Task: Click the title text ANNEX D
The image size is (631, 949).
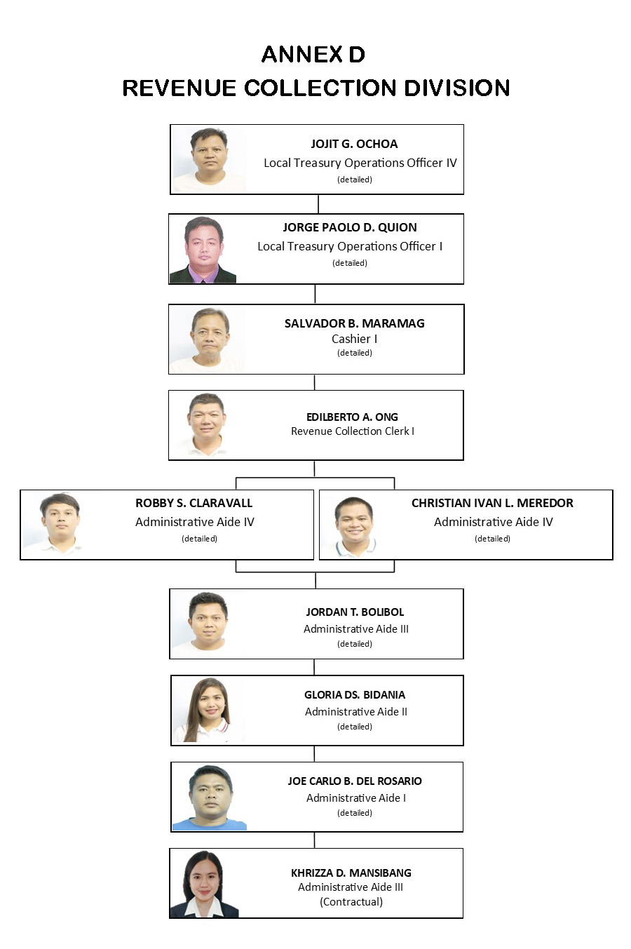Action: pos(313,55)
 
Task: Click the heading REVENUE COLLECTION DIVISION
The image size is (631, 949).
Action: pos(316,88)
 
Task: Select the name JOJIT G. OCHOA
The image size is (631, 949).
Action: pos(355,144)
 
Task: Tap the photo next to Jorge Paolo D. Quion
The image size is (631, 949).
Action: pos(203,250)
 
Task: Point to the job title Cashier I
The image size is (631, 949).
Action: pos(355,339)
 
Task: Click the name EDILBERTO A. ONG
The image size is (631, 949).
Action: pos(352,417)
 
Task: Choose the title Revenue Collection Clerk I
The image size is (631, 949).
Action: pos(353,431)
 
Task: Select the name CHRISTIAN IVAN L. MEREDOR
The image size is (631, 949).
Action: pos(492,503)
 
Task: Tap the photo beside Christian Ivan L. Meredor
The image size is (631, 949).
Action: pos(353,527)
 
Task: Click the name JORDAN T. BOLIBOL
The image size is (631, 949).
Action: pos(355,612)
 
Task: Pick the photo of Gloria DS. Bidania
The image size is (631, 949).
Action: pos(208,710)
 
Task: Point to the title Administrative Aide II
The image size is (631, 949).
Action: pos(355,712)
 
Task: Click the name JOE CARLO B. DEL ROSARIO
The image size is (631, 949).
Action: pos(355,781)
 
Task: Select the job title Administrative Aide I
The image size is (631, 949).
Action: pos(355,798)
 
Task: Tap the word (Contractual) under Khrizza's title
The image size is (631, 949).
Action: pos(351,902)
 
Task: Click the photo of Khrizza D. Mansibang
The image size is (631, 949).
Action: pos(204,884)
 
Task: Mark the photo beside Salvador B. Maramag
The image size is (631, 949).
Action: pos(208,339)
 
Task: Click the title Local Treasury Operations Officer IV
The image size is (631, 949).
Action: pos(360,163)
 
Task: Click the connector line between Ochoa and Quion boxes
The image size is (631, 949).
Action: pos(318,204)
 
